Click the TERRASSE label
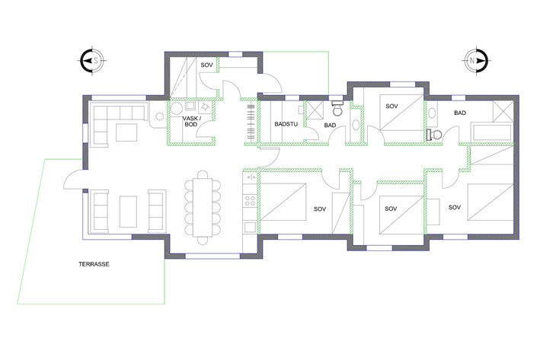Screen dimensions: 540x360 [94, 264]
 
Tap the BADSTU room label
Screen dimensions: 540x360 [286, 124]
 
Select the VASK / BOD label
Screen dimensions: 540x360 [191, 121]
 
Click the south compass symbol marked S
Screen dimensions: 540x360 [92, 61]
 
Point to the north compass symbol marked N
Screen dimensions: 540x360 [476, 61]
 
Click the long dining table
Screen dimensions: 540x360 [202, 208]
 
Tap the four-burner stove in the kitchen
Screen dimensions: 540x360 [250, 201]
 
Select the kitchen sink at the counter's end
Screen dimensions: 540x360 [250, 227]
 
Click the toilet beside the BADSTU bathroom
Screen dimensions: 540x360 [337, 108]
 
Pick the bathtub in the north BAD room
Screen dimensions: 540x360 [492, 133]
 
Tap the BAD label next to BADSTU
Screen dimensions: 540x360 [330, 126]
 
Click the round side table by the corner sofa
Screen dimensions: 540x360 [160, 116]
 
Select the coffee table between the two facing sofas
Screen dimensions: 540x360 [128, 212]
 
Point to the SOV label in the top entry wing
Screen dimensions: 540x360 [206, 65]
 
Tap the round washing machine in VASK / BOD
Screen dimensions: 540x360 [177, 108]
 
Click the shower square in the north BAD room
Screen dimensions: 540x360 [503, 111]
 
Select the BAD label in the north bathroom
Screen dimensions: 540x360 [460, 113]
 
